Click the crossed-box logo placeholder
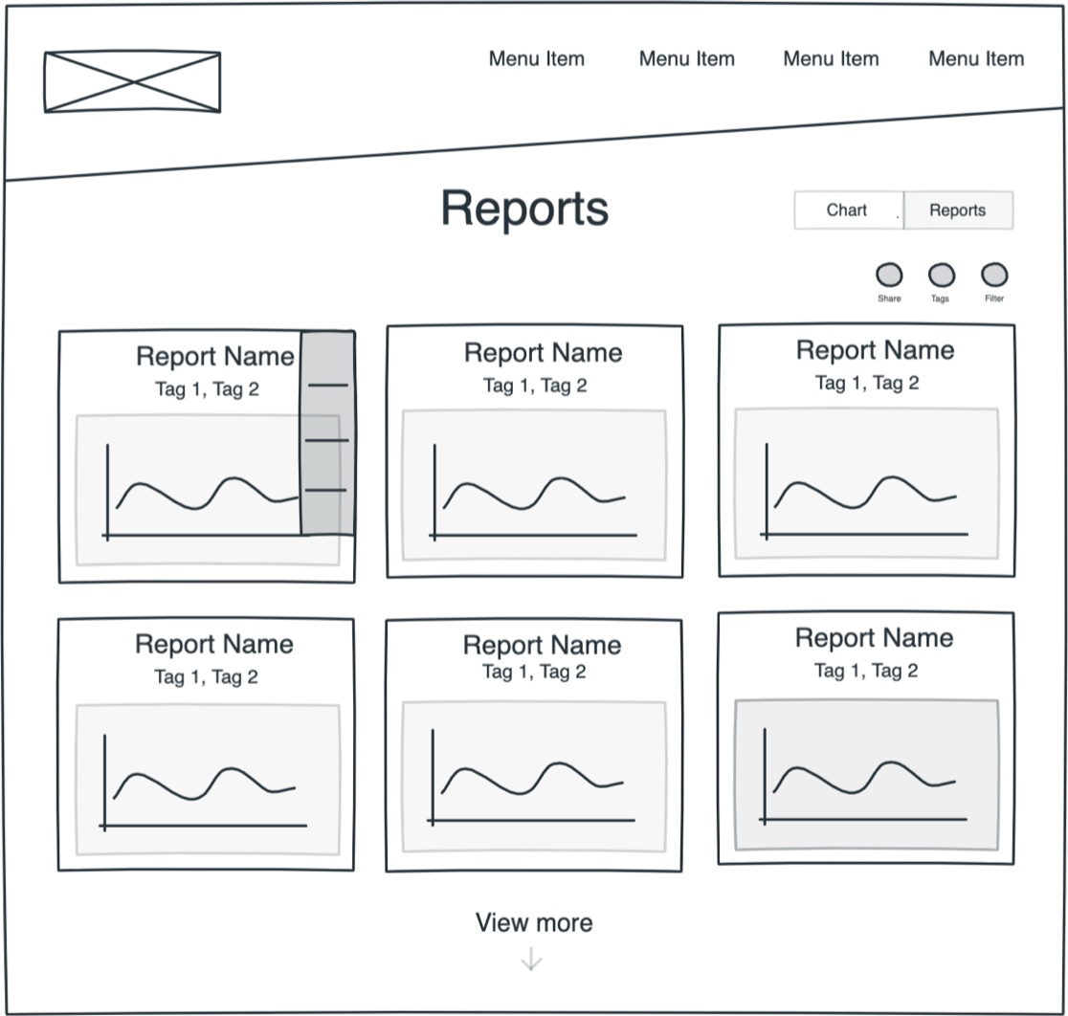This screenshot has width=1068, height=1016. [x=132, y=82]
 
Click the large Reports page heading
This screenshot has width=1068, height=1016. [x=524, y=208]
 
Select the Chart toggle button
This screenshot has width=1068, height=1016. [x=847, y=210]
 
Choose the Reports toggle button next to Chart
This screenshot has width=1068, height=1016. [x=957, y=210]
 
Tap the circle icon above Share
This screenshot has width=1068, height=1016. [x=889, y=276]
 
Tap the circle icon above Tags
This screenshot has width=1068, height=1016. [x=942, y=276]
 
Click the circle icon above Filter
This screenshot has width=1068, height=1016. [x=994, y=276]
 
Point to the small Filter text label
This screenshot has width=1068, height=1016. [x=994, y=298]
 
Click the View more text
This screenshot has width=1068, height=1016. [x=534, y=922]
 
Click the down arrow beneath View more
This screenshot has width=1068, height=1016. [x=531, y=959]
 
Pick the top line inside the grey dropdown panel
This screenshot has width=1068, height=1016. [x=327, y=386]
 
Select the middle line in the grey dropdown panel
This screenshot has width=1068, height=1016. [x=326, y=440]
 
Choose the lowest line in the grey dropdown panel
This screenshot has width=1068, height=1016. [x=325, y=491]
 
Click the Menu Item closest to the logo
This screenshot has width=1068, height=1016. [x=536, y=58]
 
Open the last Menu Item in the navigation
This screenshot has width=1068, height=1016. [x=976, y=58]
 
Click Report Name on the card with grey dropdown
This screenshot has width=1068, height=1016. [x=215, y=357]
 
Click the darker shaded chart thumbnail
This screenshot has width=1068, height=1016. [x=866, y=775]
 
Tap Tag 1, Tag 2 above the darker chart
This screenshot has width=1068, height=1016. [x=866, y=671]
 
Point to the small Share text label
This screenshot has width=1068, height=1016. [x=889, y=298]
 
